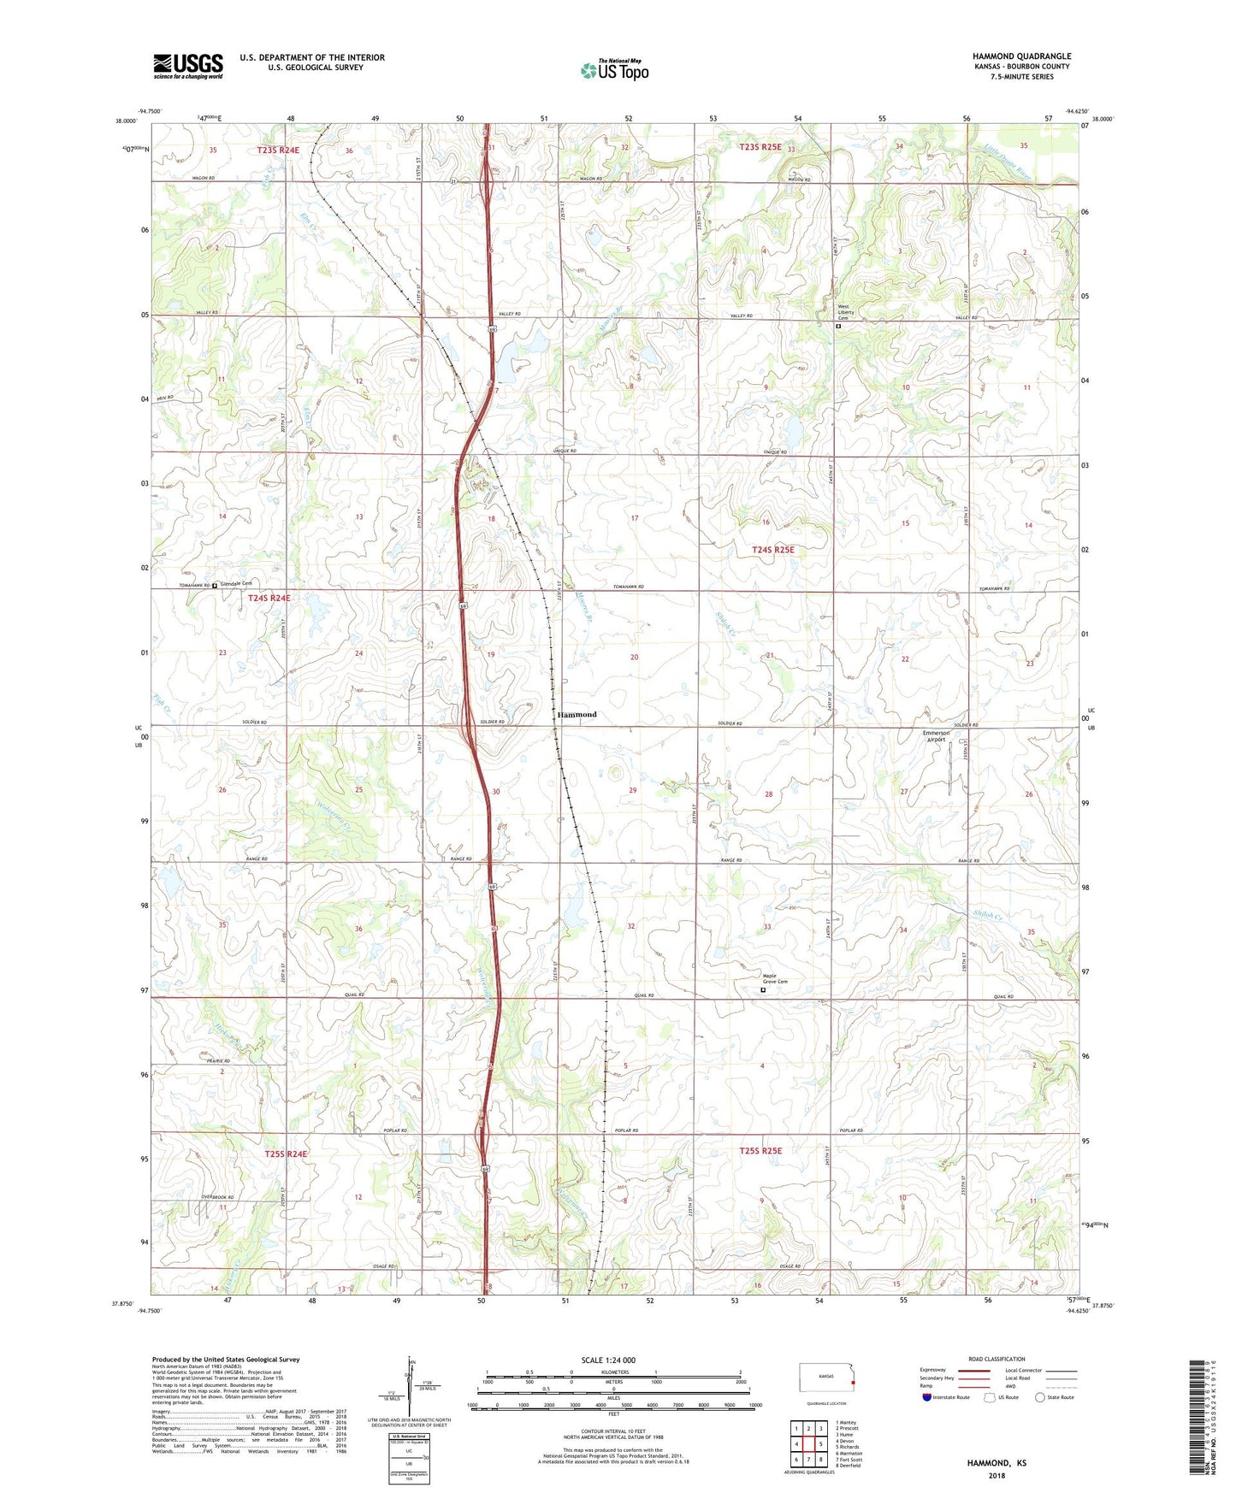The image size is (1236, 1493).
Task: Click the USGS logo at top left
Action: pos(188,66)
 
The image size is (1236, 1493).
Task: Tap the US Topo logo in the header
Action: pos(614,70)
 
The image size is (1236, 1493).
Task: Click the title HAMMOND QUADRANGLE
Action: pos(1021,56)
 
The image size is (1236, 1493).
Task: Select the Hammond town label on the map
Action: pos(577,714)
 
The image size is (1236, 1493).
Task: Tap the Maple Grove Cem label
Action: pos(775,980)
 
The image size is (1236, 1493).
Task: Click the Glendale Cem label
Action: pos(237,584)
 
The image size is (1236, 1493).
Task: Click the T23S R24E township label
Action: pos(279,150)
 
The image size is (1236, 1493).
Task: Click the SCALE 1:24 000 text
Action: pos(607,1360)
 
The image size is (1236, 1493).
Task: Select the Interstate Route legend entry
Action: pos(945,1397)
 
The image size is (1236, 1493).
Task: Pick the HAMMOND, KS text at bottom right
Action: pos(996,1463)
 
